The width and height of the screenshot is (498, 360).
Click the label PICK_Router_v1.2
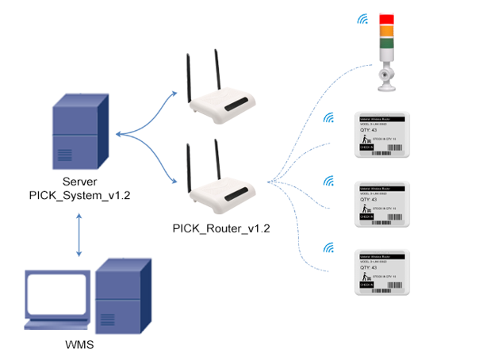click(221, 228)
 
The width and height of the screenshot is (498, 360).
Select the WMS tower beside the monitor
click(123, 295)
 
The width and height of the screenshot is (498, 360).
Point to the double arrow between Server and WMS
click(79, 235)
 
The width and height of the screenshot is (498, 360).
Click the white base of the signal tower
click(387, 78)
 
